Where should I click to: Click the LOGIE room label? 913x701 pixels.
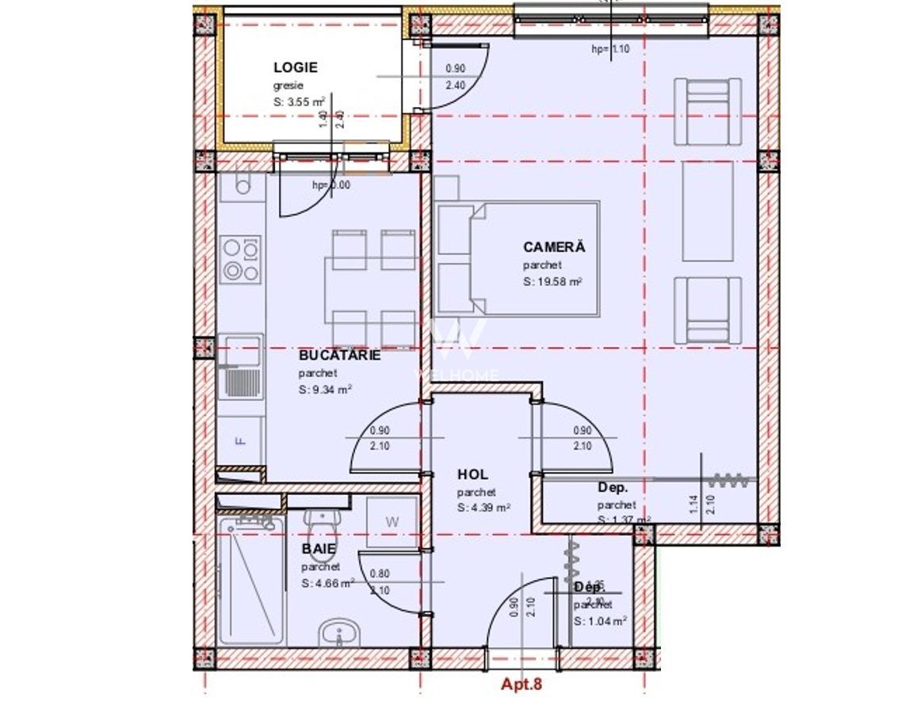(x=296, y=69)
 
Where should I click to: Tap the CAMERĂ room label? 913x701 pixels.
(x=553, y=247)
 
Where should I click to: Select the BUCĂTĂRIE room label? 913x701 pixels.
(x=339, y=355)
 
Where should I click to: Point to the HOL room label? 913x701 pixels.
(x=474, y=474)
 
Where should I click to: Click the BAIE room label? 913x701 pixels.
(x=319, y=548)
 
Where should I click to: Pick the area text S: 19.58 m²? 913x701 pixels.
(x=553, y=282)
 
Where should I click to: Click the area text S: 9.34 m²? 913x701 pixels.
(x=325, y=390)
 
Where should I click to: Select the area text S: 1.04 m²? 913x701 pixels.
(x=601, y=622)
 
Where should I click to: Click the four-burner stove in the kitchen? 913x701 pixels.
(x=241, y=259)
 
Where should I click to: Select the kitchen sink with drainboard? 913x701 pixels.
(x=241, y=367)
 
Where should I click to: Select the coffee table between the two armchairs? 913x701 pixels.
(x=708, y=211)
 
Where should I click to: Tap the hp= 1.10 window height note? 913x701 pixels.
(x=609, y=48)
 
